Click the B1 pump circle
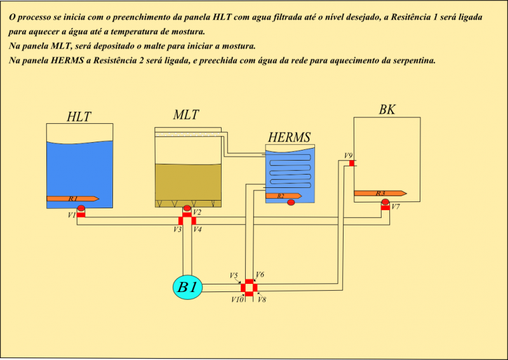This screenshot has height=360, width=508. [187, 288]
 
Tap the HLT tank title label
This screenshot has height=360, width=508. [79, 117]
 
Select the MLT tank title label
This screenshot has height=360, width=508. [186, 115]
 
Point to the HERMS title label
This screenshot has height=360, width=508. [289, 137]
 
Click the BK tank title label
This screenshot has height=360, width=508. [387, 110]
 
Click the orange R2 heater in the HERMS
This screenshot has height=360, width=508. [283, 196]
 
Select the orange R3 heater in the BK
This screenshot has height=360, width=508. [380, 194]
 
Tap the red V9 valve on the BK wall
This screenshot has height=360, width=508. [352, 163]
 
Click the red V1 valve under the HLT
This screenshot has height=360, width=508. [81, 215]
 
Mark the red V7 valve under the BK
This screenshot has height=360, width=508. [385, 208]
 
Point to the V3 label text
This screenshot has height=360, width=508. [177, 229]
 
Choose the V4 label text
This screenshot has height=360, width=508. [197, 229]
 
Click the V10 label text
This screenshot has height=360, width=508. [237, 300]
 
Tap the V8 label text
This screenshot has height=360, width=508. [262, 300]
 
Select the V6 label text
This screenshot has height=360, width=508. [260, 275]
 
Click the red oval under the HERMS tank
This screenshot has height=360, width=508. [291, 203]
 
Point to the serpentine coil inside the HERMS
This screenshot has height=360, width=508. [291, 170]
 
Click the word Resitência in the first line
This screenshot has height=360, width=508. [410, 17]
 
